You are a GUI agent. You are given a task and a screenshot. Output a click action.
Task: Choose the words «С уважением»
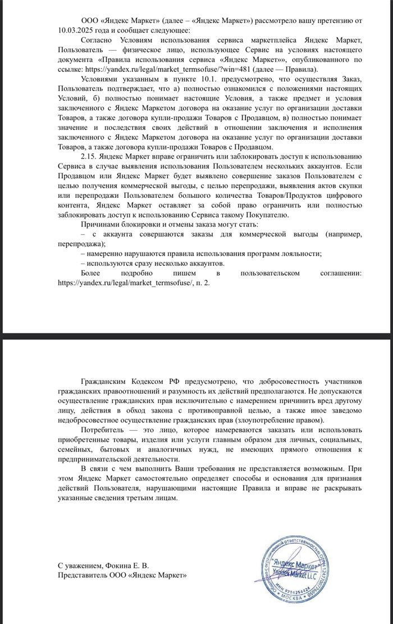tap(80, 566)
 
